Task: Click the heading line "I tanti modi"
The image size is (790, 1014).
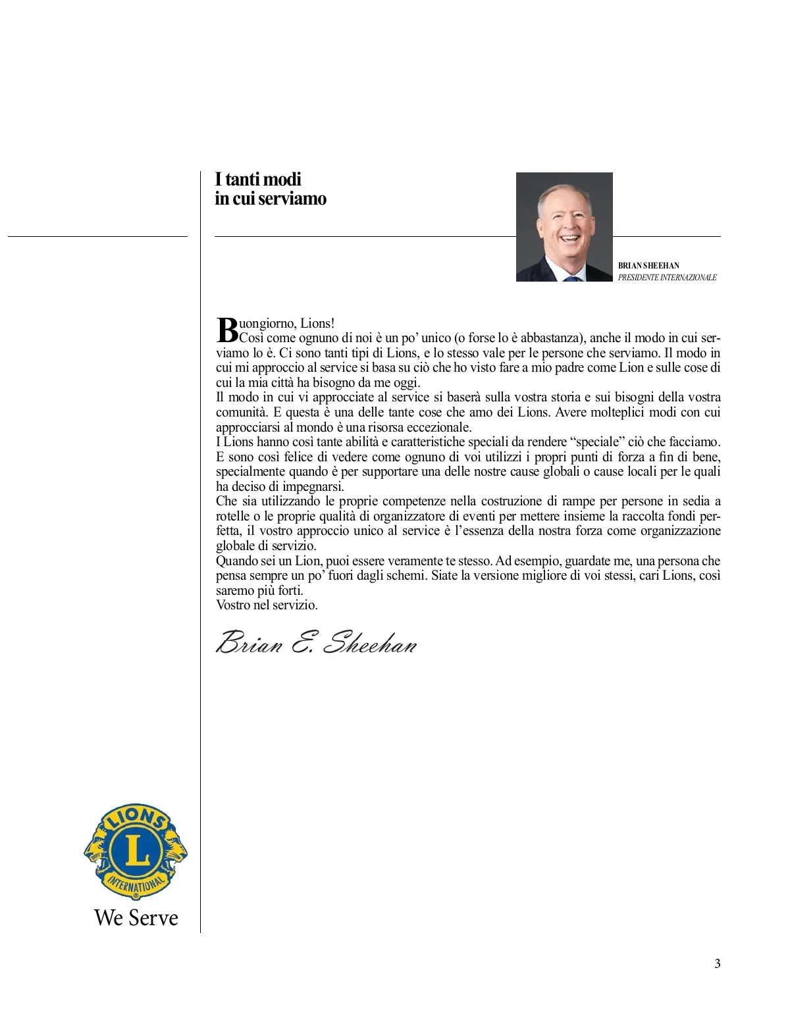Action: [x=258, y=179]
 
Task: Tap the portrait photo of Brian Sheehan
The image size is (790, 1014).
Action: [x=564, y=227]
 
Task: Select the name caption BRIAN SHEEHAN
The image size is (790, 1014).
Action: [x=648, y=266]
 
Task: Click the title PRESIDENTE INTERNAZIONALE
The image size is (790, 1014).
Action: [x=667, y=278]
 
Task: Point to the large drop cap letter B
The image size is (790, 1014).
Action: [x=226, y=330]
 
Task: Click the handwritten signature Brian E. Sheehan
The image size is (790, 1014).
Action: [x=317, y=642]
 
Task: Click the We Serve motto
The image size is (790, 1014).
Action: [x=136, y=917]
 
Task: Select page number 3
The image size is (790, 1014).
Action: [x=717, y=964]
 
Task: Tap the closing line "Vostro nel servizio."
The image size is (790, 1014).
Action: [x=267, y=605]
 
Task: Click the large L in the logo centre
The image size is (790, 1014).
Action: [x=136, y=851]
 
